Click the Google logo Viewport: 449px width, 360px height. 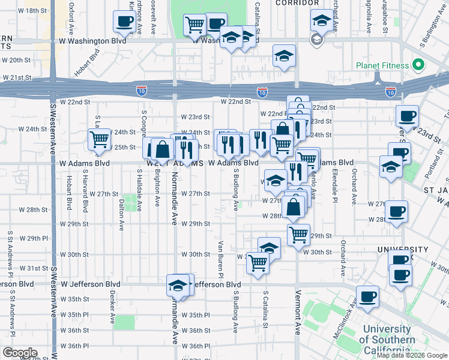coord(19,353)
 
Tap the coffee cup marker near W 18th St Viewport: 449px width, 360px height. coord(124,22)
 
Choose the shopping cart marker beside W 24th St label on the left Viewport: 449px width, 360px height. coord(99,140)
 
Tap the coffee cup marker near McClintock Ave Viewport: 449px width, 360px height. coord(368,295)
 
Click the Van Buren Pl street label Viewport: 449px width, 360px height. coord(220,256)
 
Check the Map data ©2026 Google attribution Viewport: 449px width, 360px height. coord(412,355)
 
